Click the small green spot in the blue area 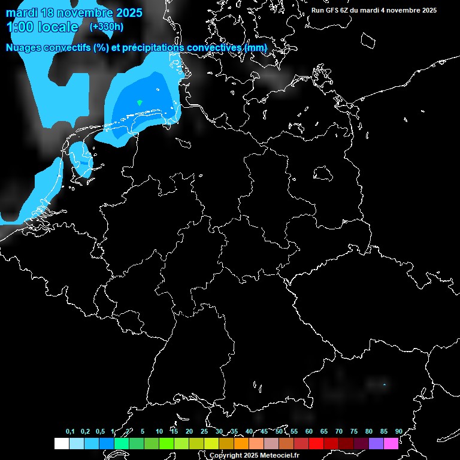coord(140,103)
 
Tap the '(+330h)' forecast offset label coord(107,26)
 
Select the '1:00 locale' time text coord(42,27)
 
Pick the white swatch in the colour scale coord(61,444)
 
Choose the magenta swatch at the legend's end coord(391,444)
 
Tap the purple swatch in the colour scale coord(376,444)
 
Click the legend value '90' coord(399,431)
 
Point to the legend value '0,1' coord(70,431)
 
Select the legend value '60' coord(309,431)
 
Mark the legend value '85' coord(384,431)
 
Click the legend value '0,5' coord(100,431)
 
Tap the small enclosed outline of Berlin coord(323,174)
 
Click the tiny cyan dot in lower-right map coord(384,384)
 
